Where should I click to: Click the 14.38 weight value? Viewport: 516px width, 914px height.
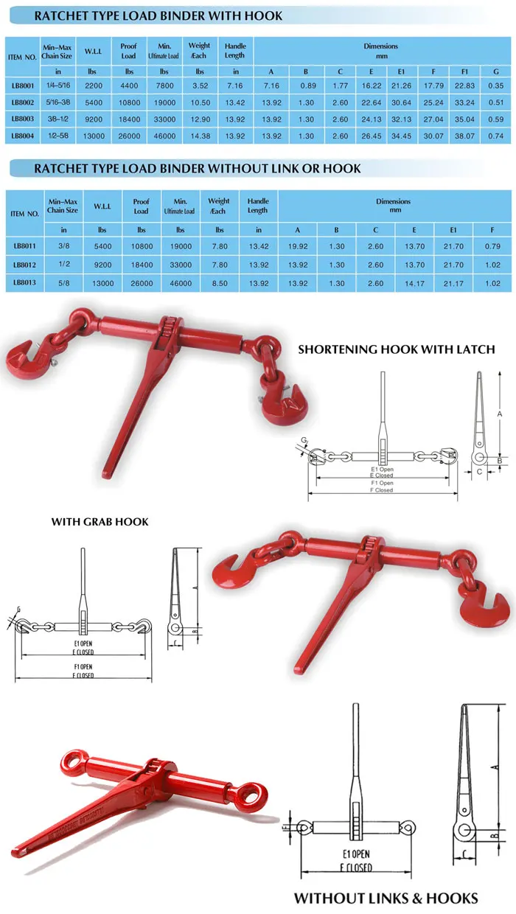tap(199, 136)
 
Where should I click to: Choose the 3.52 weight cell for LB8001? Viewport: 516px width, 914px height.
tap(199, 86)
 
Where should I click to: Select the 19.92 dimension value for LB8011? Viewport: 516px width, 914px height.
tap(298, 246)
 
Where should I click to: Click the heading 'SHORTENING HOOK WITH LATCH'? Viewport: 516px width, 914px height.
tap(396, 349)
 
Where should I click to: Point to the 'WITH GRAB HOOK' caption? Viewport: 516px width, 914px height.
tap(100, 522)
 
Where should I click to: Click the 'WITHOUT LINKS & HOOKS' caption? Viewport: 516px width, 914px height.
tap(386, 898)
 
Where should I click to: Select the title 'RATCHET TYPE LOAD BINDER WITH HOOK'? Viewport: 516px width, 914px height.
tap(158, 15)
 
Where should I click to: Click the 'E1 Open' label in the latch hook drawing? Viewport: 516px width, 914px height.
tap(381, 469)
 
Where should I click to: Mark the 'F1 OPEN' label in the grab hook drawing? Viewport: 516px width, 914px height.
tap(83, 667)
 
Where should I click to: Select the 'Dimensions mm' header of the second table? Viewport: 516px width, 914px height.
tap(393, 206)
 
